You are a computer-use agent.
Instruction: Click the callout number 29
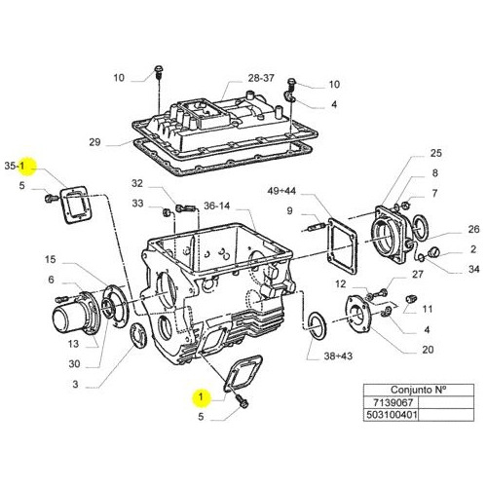(94, 142)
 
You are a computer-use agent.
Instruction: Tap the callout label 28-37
(261, 78)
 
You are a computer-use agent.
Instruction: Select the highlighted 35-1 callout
(15, 166)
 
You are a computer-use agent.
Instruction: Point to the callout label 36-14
(216, 206)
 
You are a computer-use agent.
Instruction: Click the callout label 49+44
(281, 191)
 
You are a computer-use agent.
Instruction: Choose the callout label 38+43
(338, 356)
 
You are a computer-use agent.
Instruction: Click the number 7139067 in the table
(393, 403)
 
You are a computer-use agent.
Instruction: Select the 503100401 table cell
(392, 415)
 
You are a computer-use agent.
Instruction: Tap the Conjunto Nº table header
(419, 390)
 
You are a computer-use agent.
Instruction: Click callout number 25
(436, 153)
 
